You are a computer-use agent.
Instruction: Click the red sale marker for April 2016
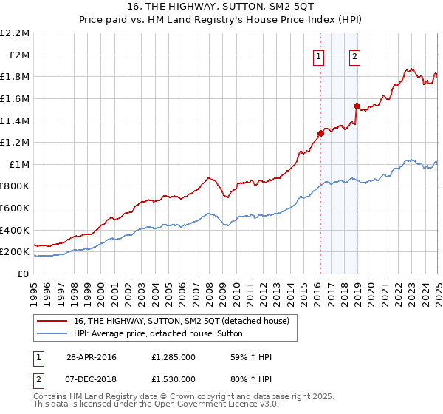click(320, 133)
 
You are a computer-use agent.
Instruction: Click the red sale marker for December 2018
click(356, 106)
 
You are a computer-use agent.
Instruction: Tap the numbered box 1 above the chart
click(319, 57)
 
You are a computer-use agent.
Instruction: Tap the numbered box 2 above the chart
click(355, 57)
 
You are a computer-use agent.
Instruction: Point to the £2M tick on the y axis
click(19, 55)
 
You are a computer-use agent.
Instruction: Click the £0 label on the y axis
click(23, 274)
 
